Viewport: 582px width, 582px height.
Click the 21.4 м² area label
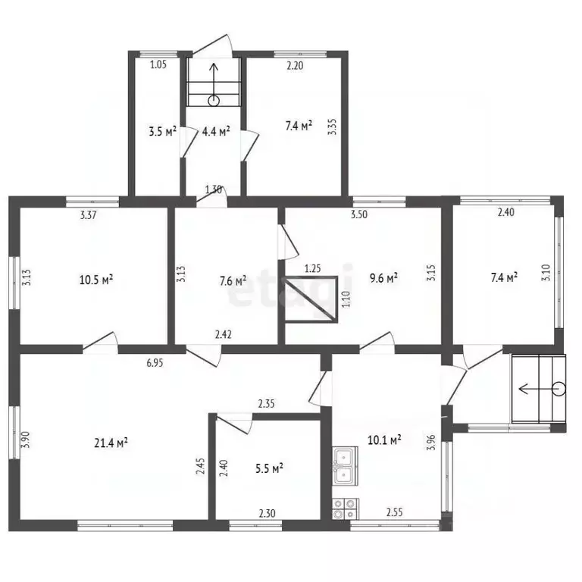coord(111,443)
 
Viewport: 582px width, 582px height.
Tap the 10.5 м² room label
coord(96,280)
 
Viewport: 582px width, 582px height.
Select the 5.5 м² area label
coord(269,468)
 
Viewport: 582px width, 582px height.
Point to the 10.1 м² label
coord(384,440)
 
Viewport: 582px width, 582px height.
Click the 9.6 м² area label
coord(383,278)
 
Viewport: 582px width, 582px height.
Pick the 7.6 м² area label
coord(233,281)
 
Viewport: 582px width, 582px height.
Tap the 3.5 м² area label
coord(162,131)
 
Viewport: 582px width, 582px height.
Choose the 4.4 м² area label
coord(216,131)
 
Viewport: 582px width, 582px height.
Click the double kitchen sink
coord(346,466)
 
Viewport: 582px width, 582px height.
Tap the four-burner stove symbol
coord(346,508)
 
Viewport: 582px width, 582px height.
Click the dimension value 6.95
coord(155,363)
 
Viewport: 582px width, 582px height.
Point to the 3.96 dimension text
coord(431,443)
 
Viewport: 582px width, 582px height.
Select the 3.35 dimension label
coord(333,127)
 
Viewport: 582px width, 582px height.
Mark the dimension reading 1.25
coord(312,268)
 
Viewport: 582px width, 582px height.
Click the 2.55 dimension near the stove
coord(395,512)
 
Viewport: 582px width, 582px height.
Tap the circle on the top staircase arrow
coord(214,101)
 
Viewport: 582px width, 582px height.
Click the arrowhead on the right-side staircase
coord(523,389)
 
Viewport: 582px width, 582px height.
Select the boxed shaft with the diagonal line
coord(311,299)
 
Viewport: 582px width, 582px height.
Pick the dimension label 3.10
coord(546,273)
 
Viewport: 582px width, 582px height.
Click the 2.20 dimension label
coord(295,66)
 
